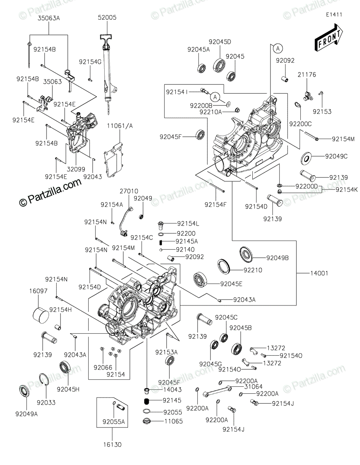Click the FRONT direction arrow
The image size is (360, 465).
[329, 38]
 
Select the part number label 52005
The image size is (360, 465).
[107, 17]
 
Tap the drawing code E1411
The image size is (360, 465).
[334, 15]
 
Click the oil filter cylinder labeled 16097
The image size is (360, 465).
[41, 315]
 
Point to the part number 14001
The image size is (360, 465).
[319, 273]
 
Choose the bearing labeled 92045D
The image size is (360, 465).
[219, 64]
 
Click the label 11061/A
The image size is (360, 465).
[120, 126]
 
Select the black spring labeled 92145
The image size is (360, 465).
[146, 401]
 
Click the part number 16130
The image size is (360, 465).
[112, 445]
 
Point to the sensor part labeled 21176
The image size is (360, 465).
[308, 96]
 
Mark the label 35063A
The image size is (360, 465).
[49, 18]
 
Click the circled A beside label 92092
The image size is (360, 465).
[278, 49]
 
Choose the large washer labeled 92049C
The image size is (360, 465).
[307, 159]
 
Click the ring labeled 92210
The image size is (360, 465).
[224, 266]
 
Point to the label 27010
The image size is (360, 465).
[129, 191]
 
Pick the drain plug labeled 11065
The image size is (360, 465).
[147, 421]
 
